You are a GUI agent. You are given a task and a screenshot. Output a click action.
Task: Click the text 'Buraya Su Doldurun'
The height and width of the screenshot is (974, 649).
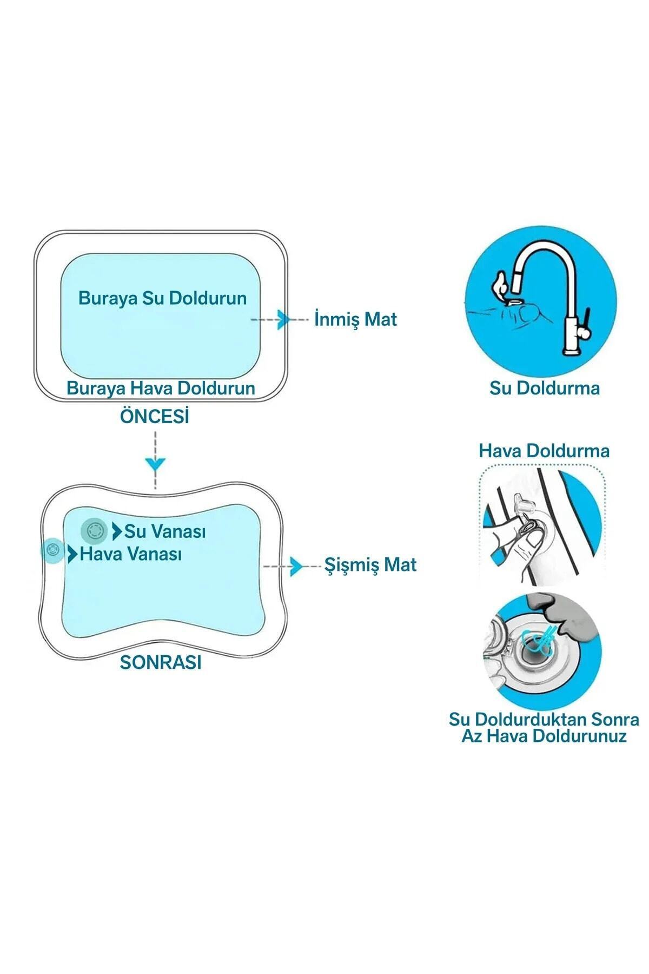point(162,298)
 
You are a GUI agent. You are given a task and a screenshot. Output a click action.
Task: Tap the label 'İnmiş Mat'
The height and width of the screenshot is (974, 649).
point(355,319)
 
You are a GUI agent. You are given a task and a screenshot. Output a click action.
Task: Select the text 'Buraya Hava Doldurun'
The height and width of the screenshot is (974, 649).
point(161,388)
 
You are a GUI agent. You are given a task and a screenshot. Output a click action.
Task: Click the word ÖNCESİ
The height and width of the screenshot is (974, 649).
point(155,417)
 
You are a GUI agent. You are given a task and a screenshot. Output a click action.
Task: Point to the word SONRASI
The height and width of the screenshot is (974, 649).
point(161,662)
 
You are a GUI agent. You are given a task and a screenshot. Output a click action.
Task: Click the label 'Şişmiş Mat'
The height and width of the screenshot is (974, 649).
point(370,565)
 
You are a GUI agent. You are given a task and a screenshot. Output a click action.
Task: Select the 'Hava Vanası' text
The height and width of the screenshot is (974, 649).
point(131,554)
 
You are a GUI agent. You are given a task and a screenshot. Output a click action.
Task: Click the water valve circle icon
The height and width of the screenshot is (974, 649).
point(94,530)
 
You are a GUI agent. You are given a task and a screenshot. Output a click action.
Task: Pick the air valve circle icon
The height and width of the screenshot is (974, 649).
point(52,551)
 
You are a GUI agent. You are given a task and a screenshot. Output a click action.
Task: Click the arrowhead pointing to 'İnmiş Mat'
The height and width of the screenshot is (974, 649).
point(283,319)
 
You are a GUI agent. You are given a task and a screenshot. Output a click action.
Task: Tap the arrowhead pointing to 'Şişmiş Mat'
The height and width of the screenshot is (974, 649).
point(296,567)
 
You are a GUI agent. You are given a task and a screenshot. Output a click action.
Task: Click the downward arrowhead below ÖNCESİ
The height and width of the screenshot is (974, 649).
point(156,463)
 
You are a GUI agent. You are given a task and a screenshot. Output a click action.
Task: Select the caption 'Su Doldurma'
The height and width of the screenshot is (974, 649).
point(545,388)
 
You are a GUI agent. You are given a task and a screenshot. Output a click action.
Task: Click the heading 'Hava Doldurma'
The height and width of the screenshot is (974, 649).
point(544,451)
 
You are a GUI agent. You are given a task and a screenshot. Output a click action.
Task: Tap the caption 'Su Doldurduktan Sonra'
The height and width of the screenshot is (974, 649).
point(544,720)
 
